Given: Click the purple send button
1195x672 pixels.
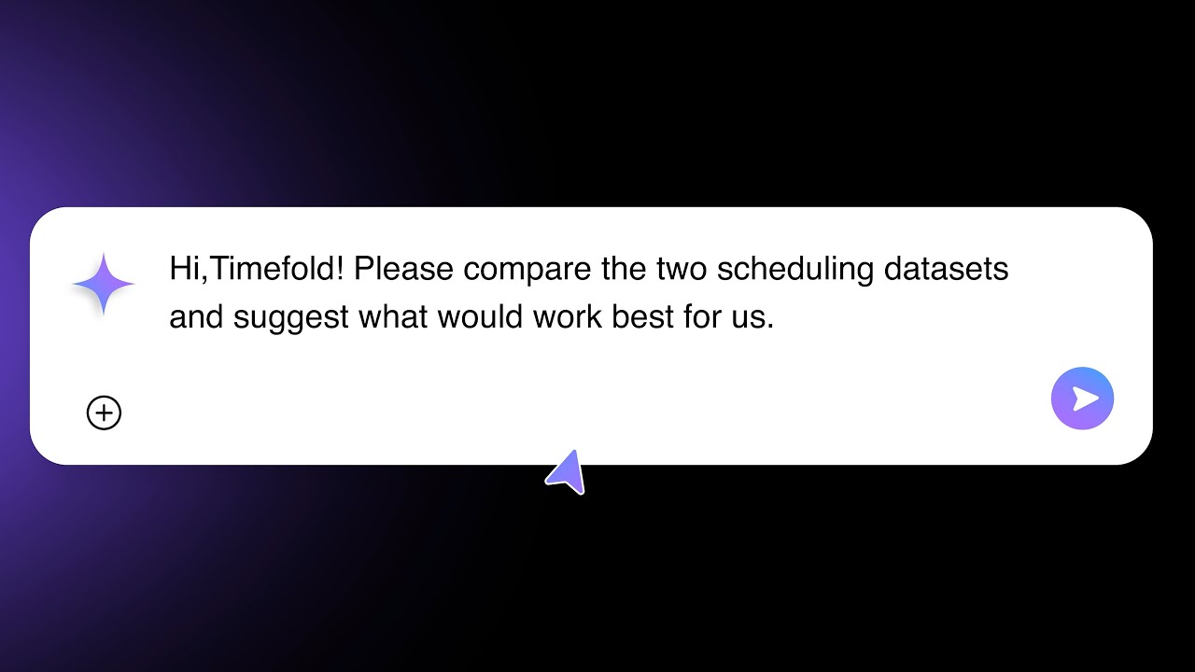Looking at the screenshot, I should point(1082,399).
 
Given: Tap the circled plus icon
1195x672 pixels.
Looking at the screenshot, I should point(104,413).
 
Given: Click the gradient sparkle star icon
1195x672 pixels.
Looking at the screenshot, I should point(104,284).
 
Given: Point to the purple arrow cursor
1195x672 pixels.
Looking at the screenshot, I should point(568,472).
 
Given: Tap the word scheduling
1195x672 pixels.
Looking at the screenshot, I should point(795,270).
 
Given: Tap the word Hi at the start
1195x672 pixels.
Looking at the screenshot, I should point(183,270).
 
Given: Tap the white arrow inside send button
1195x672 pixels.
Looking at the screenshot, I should point(1085,399).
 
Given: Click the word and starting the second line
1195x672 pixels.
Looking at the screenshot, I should point(196,318).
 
